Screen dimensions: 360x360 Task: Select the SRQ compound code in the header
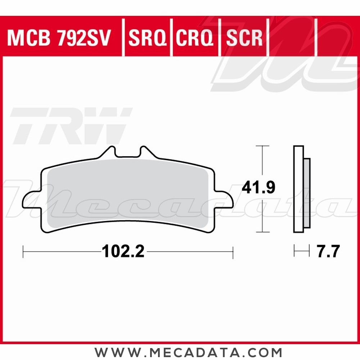click(x=148, y=38)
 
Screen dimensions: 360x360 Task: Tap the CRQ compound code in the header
click(x=195, y=38)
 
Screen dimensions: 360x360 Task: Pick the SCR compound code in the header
click(x=243, y=38)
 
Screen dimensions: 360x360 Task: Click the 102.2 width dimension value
click(x=123, y=252)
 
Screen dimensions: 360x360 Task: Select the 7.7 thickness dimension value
click(x=328, y=252)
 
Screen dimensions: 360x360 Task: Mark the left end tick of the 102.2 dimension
click(x=23, y=252)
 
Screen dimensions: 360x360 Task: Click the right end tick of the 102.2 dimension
click(x=233, y=252)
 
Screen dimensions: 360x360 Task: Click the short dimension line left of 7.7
click(x=302, y=251)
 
